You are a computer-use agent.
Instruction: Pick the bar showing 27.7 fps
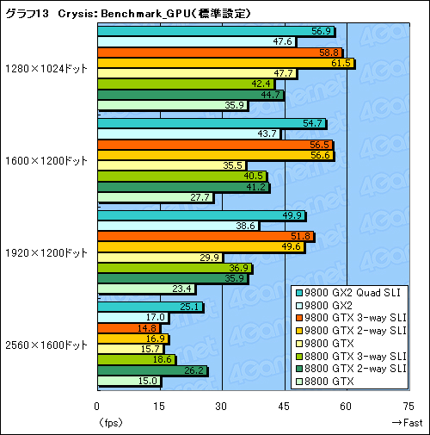(155, 198)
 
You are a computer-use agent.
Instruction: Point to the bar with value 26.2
(152, 371)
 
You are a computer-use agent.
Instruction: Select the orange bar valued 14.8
(128, 328)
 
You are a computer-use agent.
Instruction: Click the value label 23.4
(182, 289)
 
